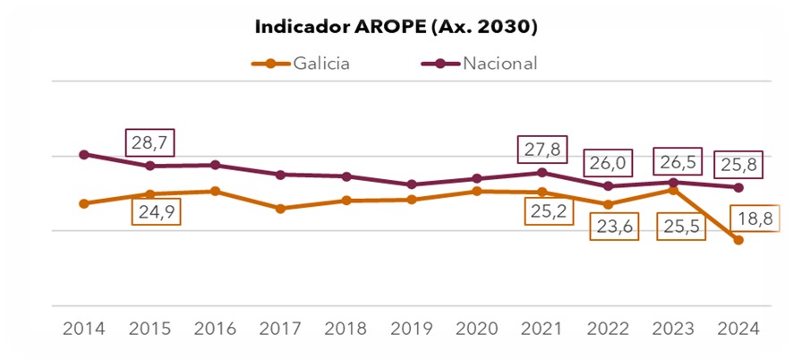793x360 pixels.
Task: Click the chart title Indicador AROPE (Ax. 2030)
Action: coord(396,27)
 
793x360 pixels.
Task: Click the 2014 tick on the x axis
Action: coord(84,328)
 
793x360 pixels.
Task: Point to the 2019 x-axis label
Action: coord(410,328)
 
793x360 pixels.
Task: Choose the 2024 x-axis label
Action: coord(738,328)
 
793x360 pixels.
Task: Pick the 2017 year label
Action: coord(280,328)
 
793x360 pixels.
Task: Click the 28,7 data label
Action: coord(149,141)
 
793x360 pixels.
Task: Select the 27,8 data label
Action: coord(541,149)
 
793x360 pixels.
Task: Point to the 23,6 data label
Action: coord(613,227)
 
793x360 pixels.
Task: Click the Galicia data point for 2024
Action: coord(738,240)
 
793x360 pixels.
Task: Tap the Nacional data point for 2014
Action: coord(84,154)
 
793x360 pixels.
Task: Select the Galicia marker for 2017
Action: coord(280,209)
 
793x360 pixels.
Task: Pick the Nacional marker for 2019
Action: coord(411,184)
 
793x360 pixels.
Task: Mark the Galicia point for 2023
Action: coord(673,190)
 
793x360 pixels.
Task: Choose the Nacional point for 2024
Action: coord(738,187)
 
